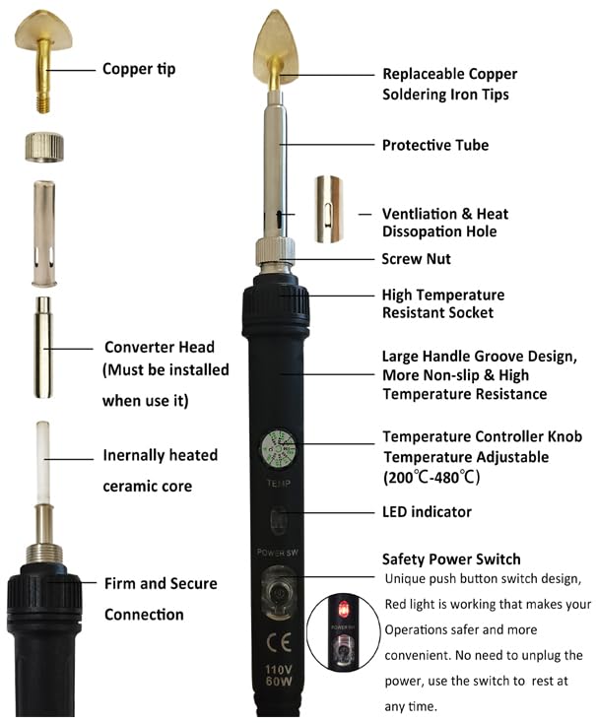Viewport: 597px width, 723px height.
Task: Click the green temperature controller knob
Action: click(x=278, y=448)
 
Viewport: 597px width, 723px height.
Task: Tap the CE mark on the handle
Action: click(x=279, y=641)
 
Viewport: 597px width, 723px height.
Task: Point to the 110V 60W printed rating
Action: click(x=279, y=676)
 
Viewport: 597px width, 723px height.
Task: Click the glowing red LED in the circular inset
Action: click(x=343, y=609)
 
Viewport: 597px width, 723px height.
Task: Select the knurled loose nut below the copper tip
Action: click(x=44, y=147)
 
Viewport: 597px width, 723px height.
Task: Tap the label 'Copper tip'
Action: click(x=139, y=69)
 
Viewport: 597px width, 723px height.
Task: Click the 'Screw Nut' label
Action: click(x=416, y=259)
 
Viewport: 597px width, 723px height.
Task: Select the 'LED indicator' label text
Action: click(x=427, y=512)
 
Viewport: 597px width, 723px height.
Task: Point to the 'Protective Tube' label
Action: click(x=435, y=145)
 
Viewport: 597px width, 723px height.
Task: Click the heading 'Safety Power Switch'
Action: click(x=451, y=559)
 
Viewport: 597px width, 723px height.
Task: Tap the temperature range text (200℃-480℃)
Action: click(x=431, y=477)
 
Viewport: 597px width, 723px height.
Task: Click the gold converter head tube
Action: click(x=43, y=347)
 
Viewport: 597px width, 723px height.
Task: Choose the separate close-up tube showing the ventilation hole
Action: click(x=328, y=209)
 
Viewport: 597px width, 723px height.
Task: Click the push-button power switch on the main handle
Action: click(x=278, y=592)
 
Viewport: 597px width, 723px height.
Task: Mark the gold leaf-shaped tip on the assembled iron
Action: click(x=276, y=46)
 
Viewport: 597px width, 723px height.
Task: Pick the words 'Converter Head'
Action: click(x=160, y=347)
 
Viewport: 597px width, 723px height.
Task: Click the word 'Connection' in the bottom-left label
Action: click(x=144, y=615)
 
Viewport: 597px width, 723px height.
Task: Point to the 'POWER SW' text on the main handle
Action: click(x=278, y=553)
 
